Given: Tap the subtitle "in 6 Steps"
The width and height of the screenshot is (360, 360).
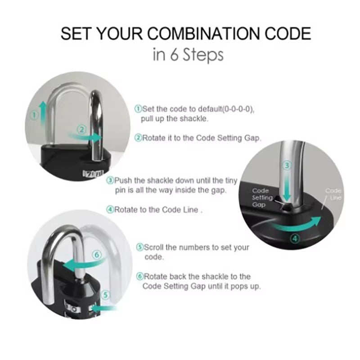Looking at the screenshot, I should (x=188, y=55).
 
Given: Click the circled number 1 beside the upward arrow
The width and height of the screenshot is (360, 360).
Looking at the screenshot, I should (x=33, y=115).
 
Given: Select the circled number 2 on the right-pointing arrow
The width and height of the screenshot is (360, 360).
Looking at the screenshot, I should (x=81, y=129).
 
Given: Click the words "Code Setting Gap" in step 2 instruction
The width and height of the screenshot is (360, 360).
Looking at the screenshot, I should (x=228, y=138).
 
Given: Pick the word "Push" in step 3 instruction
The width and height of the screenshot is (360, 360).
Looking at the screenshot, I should (x=123, y=180).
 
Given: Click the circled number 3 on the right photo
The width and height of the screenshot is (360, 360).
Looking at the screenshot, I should (x=287, y=165).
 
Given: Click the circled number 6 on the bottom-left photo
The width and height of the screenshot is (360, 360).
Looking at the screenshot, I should (x=99, y=255).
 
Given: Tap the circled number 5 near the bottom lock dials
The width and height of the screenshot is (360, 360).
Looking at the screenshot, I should (x=105, y=295).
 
